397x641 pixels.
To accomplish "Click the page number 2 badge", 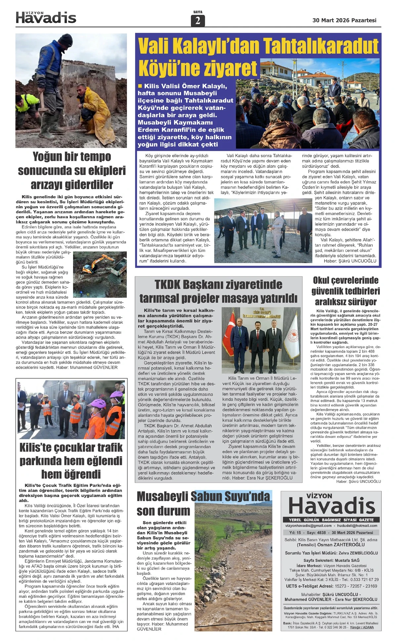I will coord(198,21).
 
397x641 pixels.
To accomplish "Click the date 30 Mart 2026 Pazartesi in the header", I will coord(344,20).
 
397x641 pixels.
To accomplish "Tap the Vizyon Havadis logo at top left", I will coord(46,17).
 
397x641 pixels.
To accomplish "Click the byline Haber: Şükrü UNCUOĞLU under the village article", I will coord(350,261).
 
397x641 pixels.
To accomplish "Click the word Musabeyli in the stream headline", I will coord(162,497).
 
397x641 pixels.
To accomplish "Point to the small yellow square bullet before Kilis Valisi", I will coord(140,86).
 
